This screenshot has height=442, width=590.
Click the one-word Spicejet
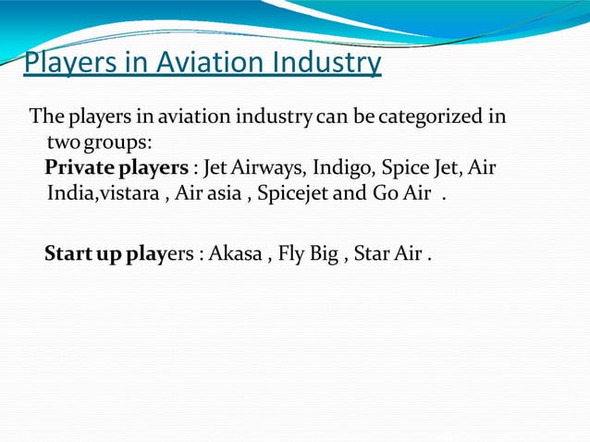coord(295,196)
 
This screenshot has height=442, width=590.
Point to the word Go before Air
coord(384,195)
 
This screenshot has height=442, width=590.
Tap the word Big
coord(324,253)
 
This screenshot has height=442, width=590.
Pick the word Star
coord(373,252)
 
